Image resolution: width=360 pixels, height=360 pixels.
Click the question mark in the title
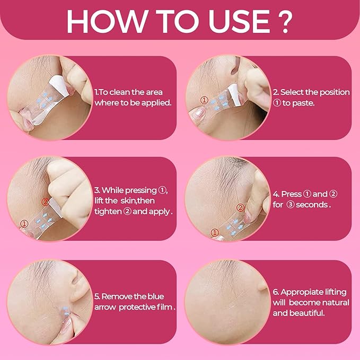pos(284,21)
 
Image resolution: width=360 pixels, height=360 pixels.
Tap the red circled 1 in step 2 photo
pos(204,99)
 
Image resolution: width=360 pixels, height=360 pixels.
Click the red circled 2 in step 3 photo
pos(45,201)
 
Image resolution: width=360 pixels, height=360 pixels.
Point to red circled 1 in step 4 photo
pos(214,232)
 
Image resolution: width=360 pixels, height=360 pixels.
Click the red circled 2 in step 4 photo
pos(240,207)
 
